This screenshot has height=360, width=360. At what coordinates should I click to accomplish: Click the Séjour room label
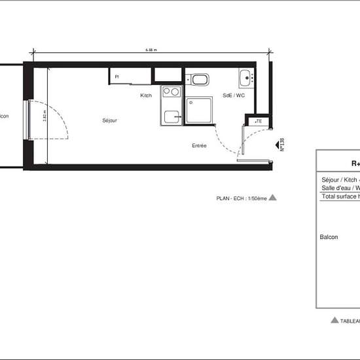[109, 121]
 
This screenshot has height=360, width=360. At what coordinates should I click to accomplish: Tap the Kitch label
[146, 96]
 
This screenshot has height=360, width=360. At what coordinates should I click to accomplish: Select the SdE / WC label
[234, 96]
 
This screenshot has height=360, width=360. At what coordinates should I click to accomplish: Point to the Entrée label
[199, 145]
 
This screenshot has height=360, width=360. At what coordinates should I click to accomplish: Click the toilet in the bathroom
[200, 81]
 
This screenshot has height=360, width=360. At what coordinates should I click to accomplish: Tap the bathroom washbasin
[245, 77]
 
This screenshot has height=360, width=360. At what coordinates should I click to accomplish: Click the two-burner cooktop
[171, 92]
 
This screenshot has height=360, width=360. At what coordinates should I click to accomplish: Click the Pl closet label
[117, 77]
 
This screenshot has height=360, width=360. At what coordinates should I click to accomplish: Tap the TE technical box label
[259, 121]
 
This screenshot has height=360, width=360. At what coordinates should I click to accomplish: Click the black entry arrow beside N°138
[274, 130]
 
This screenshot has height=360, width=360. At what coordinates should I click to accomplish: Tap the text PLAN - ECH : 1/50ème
[242, 197]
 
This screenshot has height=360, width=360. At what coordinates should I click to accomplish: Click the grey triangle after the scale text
[273, 196]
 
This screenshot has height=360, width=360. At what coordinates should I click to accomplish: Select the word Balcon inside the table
[329, 237]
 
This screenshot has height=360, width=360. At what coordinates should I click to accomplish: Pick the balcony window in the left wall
[27, 119]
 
